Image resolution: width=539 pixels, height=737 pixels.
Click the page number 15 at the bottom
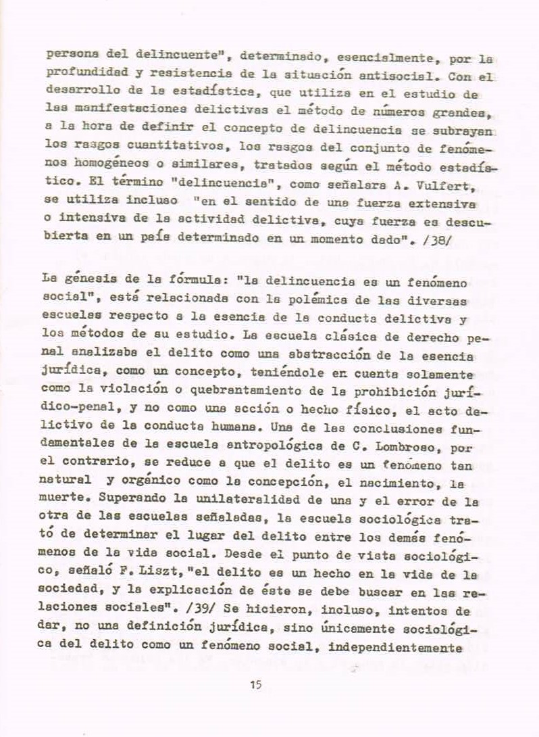255,685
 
